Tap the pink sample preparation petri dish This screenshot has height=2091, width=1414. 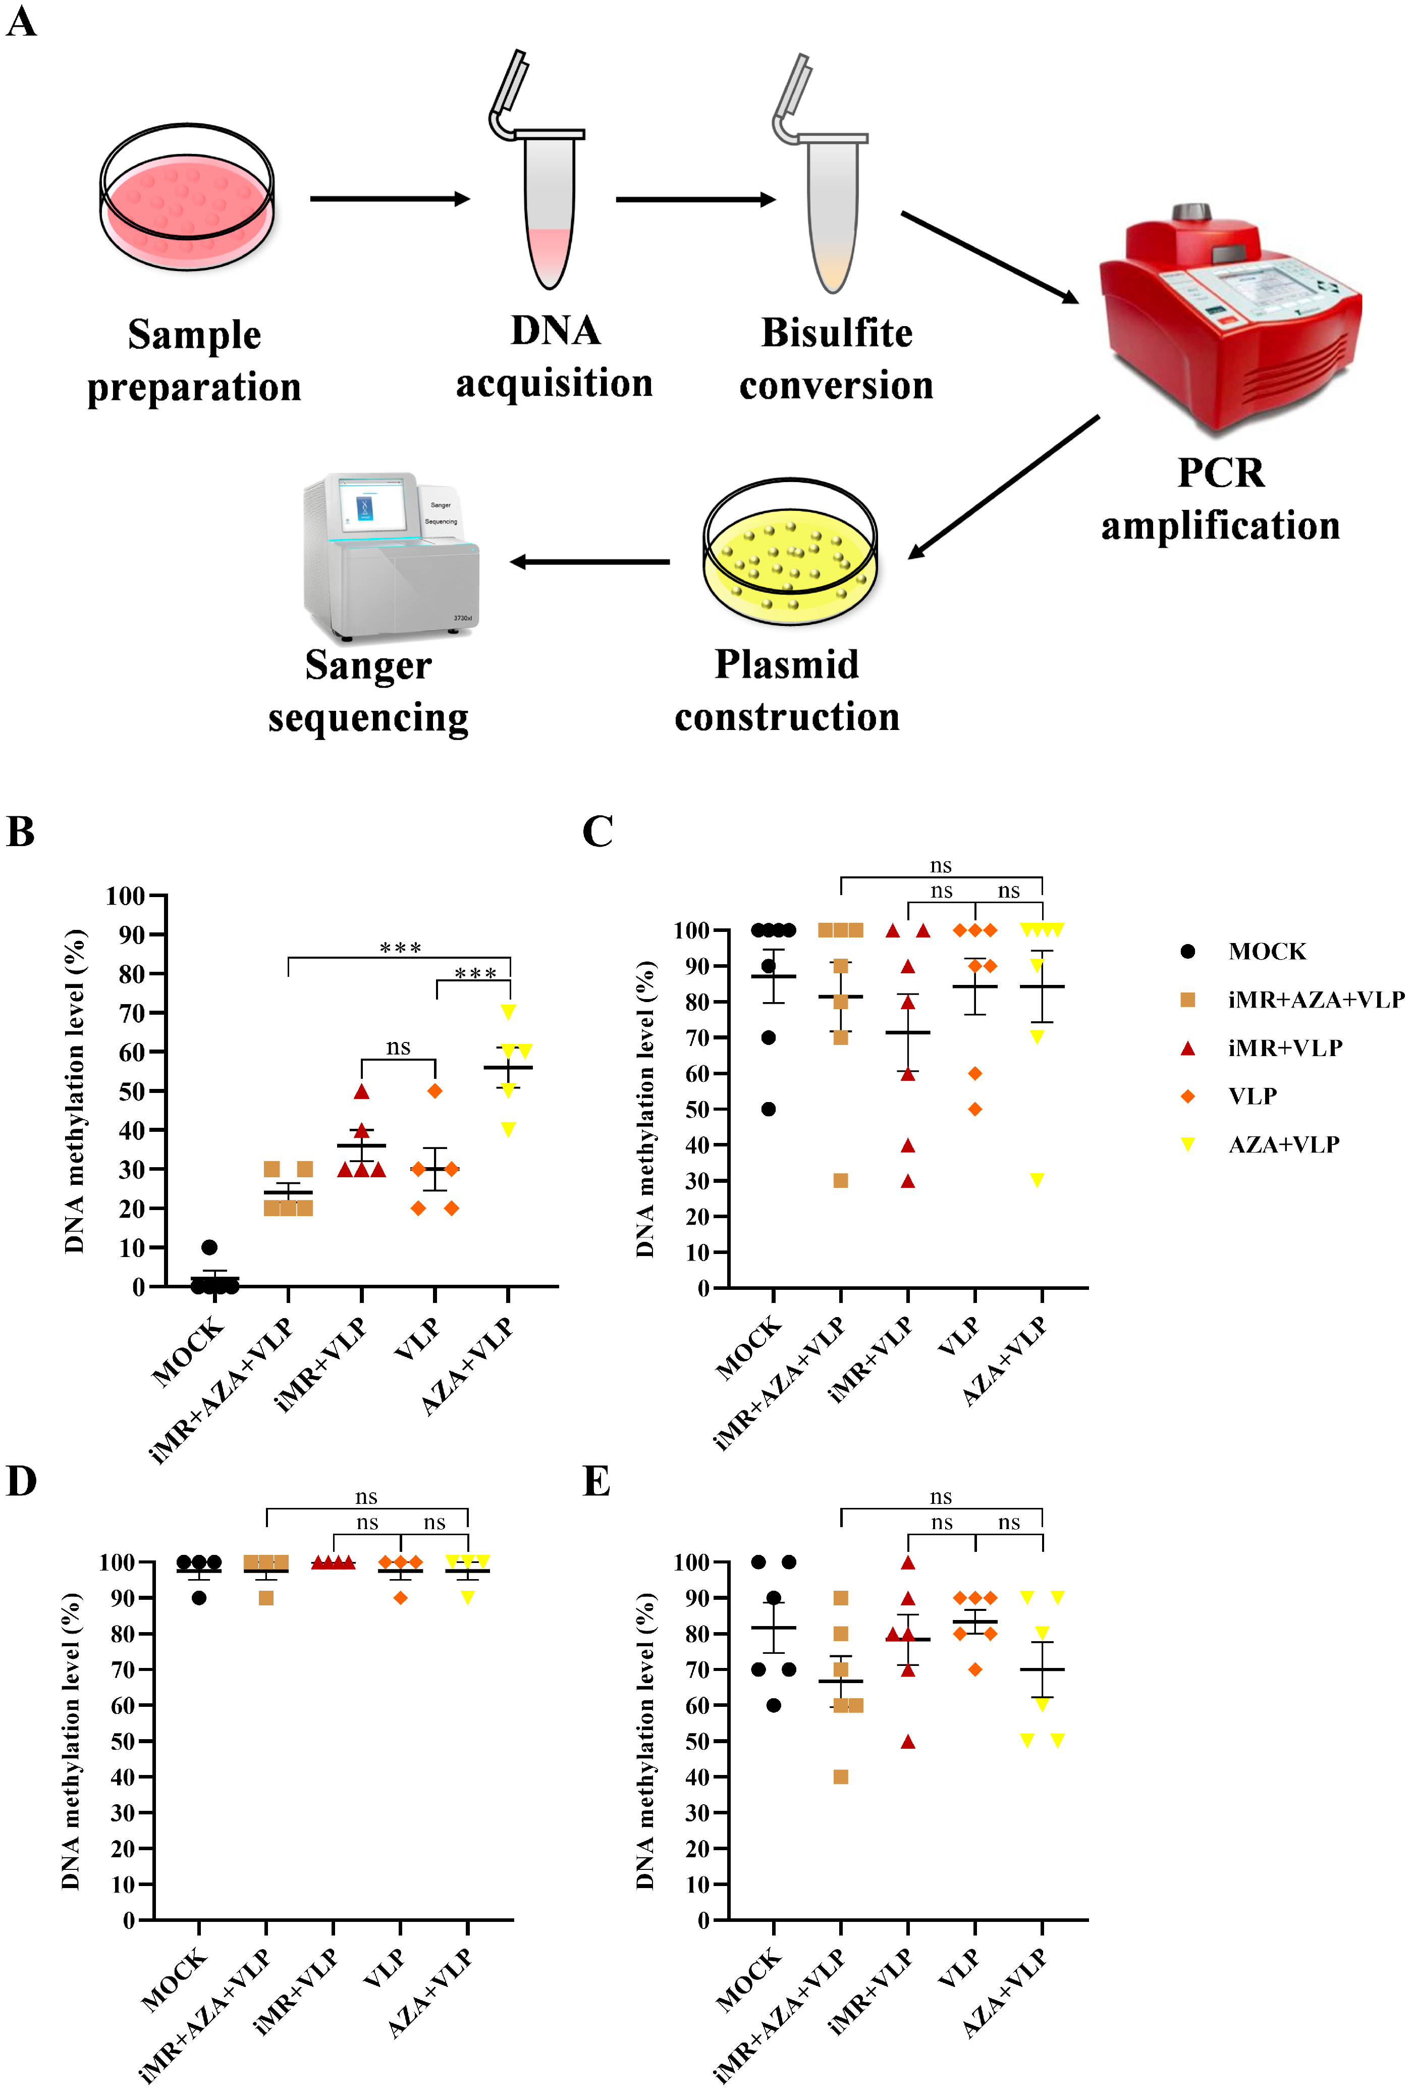tap(187, 198)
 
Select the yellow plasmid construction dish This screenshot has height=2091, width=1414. tap(790, 552)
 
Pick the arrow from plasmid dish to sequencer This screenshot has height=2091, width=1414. tap(590, 561)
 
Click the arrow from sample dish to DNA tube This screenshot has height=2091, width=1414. tap(390, 198)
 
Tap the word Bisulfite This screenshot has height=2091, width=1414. tap(837, 333)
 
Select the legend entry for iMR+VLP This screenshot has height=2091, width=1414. tap(1284, 1048)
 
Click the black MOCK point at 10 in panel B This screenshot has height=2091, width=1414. tap(209, 1247)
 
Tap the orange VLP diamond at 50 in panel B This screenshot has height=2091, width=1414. tap(434, 1090)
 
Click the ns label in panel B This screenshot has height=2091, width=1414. tap(399, 1047)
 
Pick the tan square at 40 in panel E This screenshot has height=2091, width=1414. tap(840, 1777)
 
